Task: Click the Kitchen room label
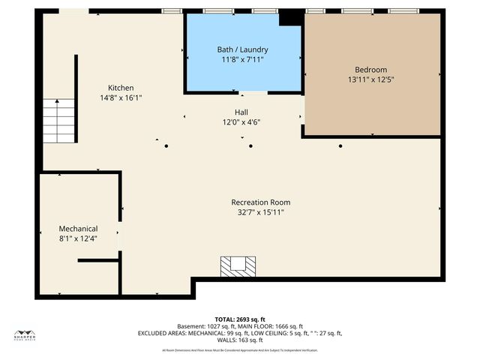pyautogui.click(x=121, y=88)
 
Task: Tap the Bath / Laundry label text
pyautogui.click(x=244, y=49)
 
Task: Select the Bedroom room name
pyautogui.click(x=371, y=69)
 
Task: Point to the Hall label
pyautogui.click(x=241, y=112)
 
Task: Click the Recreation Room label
pyautogui.click(x=260, y=202)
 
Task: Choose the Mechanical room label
pyautogui.click(x=79, y=229)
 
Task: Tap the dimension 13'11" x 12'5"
pyautogui.click(x=371, y=79)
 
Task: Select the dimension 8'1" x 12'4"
pyautogui.click(x=79, y=238)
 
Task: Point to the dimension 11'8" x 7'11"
pyautogui.click(x=244, y=59)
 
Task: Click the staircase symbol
pyautogui.click(x=59, y=121)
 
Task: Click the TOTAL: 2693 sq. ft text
pyautogui.click(x=240, y=319)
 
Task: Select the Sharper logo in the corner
pyautogui.click(x=25, y=335)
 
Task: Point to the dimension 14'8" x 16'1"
pyautogui.click(x=121, y=97)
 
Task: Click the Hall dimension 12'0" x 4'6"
pyautogui.click(x=241, y=122)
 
